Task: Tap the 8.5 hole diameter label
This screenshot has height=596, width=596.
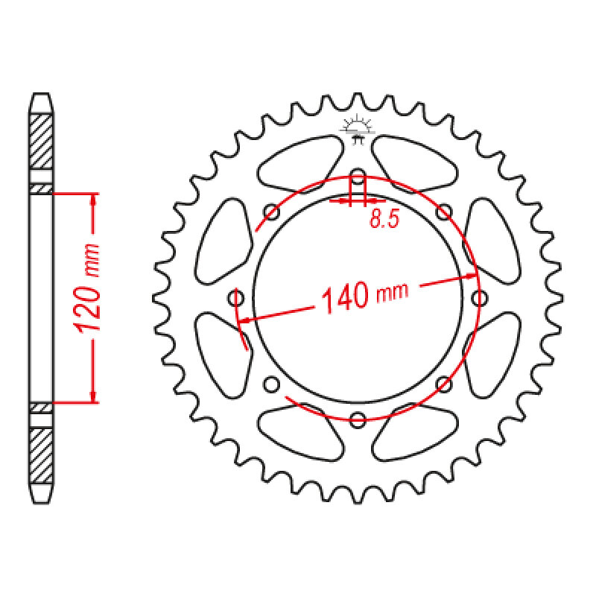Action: pos(384,219)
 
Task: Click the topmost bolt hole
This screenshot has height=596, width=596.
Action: pos(358,175)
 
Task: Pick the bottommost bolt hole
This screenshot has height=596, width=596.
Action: pos(358,419)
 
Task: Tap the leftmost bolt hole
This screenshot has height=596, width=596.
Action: pos(235,297)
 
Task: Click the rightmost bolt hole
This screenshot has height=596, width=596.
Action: pos(479,297)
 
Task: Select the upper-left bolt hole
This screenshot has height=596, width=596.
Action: pos(271,212)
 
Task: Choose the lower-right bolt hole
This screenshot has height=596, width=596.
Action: pos(443,384)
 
